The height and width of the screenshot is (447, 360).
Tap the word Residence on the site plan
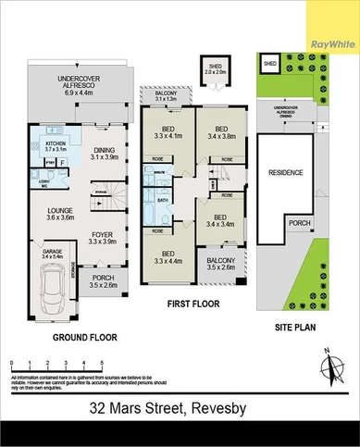coord(285,173)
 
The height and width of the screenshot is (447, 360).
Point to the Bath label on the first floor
coord(161,200)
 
